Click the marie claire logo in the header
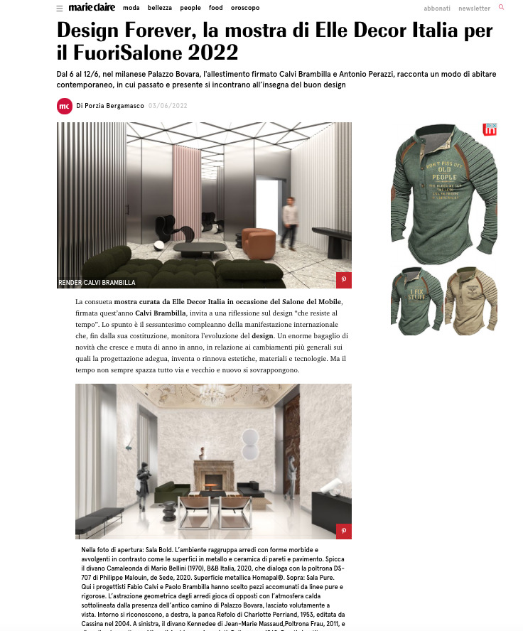92,8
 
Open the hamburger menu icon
59,9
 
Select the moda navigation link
131,9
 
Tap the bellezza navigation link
160,9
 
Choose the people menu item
190,9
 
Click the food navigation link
216,9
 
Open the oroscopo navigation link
245,9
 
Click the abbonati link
437,9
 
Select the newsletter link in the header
474,9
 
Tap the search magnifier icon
501,7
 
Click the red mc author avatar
65,106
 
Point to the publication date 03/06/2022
168,106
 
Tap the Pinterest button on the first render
343,280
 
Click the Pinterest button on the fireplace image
343,531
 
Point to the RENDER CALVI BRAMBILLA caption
97,283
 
